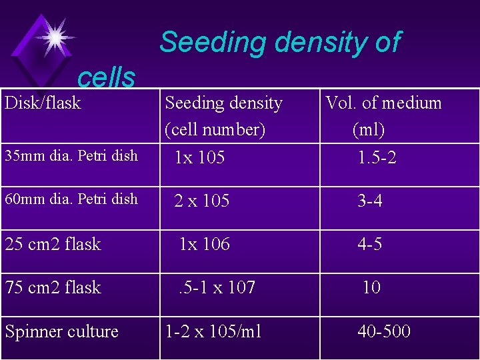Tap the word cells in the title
[x=106, y=79]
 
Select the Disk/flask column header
[x=43, y=103]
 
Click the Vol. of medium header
[x=383, y=103]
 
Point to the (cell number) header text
[x=215, y=129]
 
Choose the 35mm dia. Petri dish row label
[x=71, y=156]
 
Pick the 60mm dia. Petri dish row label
[x=71, y=199]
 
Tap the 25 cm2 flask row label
[x=53, y=245]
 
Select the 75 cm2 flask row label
[x=53, y=288]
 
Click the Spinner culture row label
[x=61, y=332]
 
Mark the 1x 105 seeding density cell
[x=199, y=158]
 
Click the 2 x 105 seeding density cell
[x=201, y=201]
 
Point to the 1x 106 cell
[x=204, y=245]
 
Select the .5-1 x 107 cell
[x=216, y=288]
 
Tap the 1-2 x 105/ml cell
[x=213, y=332]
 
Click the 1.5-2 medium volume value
[x=377, y=158]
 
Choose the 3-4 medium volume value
[x=370, y=201]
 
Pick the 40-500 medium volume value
[x=384, y=332]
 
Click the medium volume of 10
[x=371, y=288]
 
